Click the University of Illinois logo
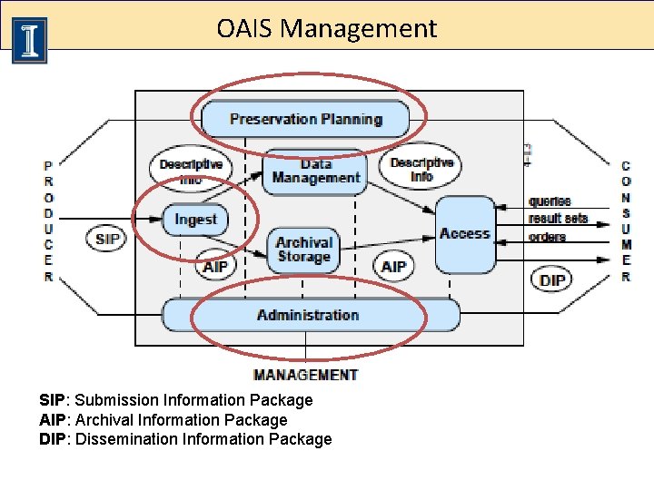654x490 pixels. click(x=29, y=40)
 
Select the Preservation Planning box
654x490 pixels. click(x=305, y=119)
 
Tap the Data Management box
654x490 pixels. click(x=315, y=171)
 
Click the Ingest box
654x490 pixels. click(x=195, y=220)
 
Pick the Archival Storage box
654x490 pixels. click(x=303, y=250)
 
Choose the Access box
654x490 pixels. click(x=464, y=234)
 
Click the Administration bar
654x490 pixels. click(x=309, y=315)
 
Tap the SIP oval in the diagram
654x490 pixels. click(x=107, y=240)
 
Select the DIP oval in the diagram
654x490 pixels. click(x=552, y=279)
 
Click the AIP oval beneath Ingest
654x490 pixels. click(x=215, y=267)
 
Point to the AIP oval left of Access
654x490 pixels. click(x=393, y=267)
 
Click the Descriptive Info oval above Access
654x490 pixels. click(x=421, y=170)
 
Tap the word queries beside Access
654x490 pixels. click(x=550, y=201)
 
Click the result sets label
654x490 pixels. click(x=558, y=219)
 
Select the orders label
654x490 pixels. click(x=547, y=237)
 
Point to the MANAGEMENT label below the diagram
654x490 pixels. click(x=305, y=375)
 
